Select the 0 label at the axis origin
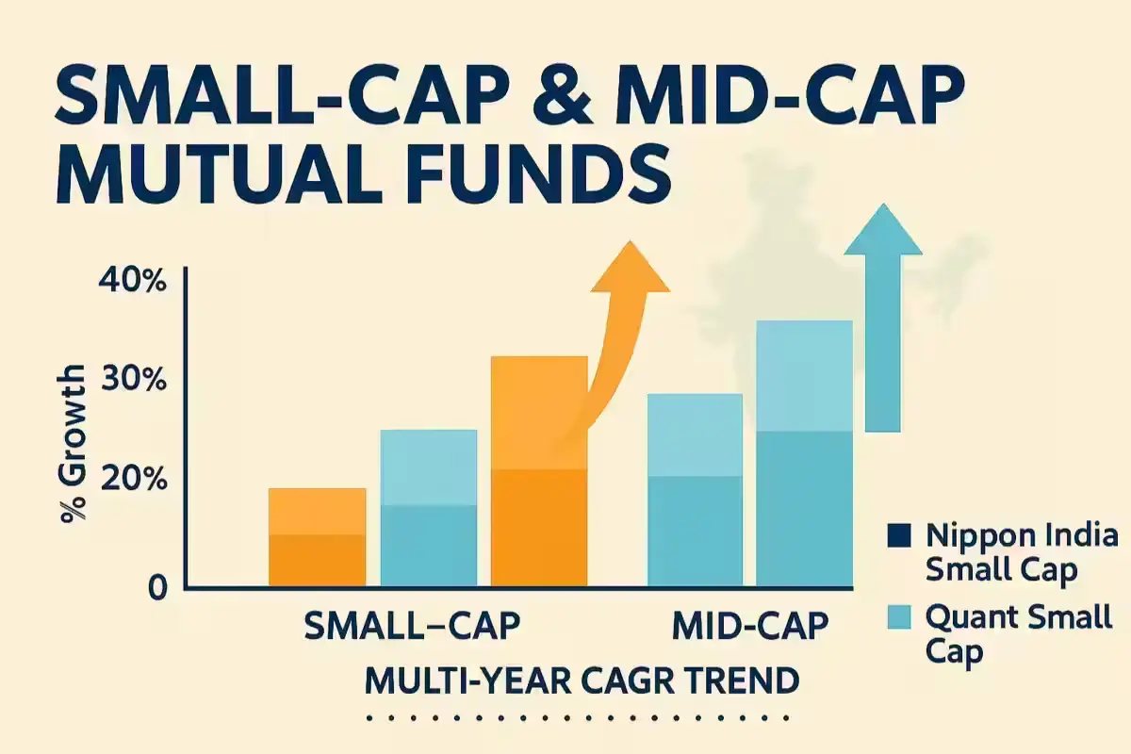tap(156, 588)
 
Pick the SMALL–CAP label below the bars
tap(412, 626)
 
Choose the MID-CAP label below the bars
tap(750, 626)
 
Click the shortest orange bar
tap(317, 537)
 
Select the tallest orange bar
tap(540, 471)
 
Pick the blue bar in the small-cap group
tap(429, 509)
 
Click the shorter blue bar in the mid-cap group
tap(696, 490)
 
